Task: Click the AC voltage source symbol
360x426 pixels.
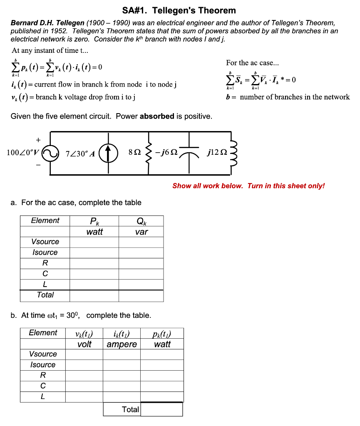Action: (50, 153)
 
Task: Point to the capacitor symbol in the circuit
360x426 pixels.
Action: (190, 153)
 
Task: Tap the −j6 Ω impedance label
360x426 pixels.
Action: (166, 153)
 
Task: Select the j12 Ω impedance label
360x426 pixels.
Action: (216, 153)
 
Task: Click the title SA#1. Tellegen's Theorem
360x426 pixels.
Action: (179, 10)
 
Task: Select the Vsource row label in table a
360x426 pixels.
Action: (45, 242)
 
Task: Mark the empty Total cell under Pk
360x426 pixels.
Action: (94, 295)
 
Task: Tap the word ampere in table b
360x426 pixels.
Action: (122, 344)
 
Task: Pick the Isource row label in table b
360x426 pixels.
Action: (42, 365)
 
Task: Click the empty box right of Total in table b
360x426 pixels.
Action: (162, 409)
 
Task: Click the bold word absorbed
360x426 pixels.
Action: (157, 116)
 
